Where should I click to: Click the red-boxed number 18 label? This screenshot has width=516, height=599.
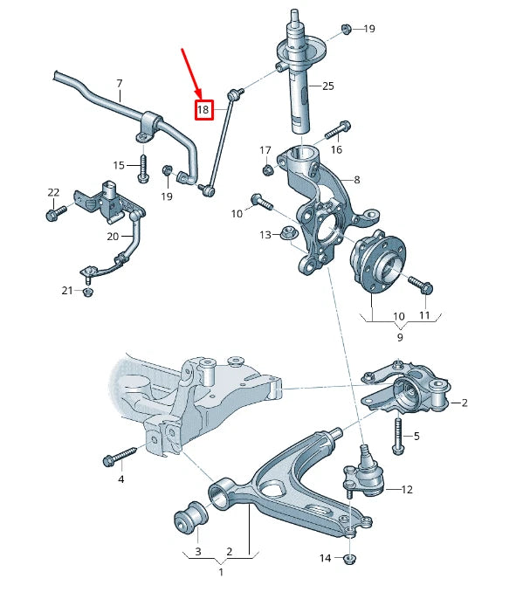tap(203, 110)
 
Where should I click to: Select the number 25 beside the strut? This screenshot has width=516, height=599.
tap(328, 86)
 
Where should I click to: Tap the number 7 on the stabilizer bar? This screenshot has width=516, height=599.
tap(120, 84)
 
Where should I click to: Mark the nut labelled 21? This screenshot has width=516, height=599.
tap(88, 292)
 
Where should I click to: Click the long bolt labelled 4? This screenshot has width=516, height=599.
tap(122, 455)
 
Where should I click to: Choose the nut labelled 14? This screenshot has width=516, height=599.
tap(350, 558)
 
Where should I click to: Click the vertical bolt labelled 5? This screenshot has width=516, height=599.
tap(398, 434)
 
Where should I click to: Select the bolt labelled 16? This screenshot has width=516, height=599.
tap(338, 130)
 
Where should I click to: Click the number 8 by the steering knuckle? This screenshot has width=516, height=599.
tap(355, 180)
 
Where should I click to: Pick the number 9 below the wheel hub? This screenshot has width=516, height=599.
tap(399, 336)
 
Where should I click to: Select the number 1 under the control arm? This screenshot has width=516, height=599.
tap(220, 572)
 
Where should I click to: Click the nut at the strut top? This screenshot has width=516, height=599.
tap(345, 29)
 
